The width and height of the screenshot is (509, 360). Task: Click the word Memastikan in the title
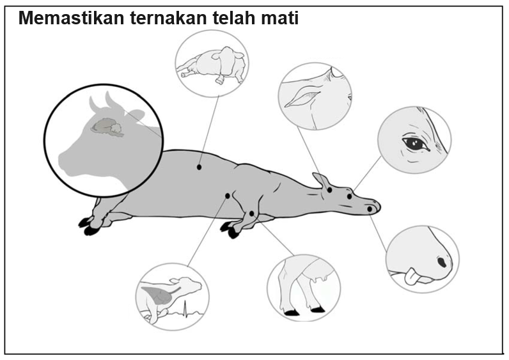pos(71,18)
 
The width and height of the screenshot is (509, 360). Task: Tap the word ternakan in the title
pos(168,18)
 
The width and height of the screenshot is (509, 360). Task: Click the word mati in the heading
pos(280,18)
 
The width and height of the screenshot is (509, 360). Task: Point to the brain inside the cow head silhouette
pos(107,127)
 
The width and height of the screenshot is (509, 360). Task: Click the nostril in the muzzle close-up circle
pos(442,262)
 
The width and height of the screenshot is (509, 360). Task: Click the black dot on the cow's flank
pos(199,167)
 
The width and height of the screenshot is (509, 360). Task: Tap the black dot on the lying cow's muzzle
pos(370,209)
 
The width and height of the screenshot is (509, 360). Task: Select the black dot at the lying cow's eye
pos(349,196)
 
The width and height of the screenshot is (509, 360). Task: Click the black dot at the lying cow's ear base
pos(329,190)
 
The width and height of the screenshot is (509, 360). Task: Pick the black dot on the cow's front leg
pos(251,214)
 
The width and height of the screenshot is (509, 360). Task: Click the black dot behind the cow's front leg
pos(228,196)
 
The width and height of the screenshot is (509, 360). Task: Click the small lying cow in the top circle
pos(213,65)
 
